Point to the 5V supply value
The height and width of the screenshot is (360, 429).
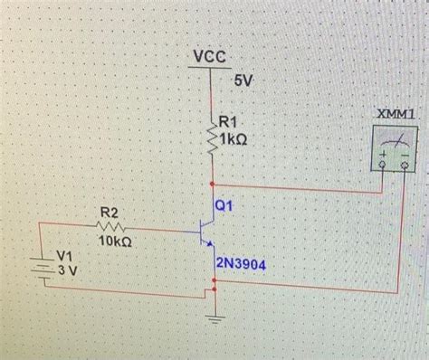click(244, 81)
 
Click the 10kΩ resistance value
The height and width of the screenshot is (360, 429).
click(115, 242)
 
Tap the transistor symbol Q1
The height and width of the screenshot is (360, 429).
click(207, 231)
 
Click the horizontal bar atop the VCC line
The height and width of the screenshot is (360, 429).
click(211, 70)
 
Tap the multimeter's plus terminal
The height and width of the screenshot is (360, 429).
click(383, 167)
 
